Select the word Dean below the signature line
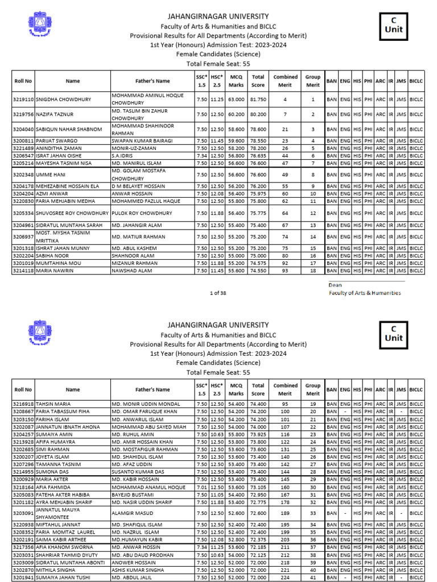pyautogui.click(x=335, y=285)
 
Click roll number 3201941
pyautogui.click(x=23, y=577)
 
